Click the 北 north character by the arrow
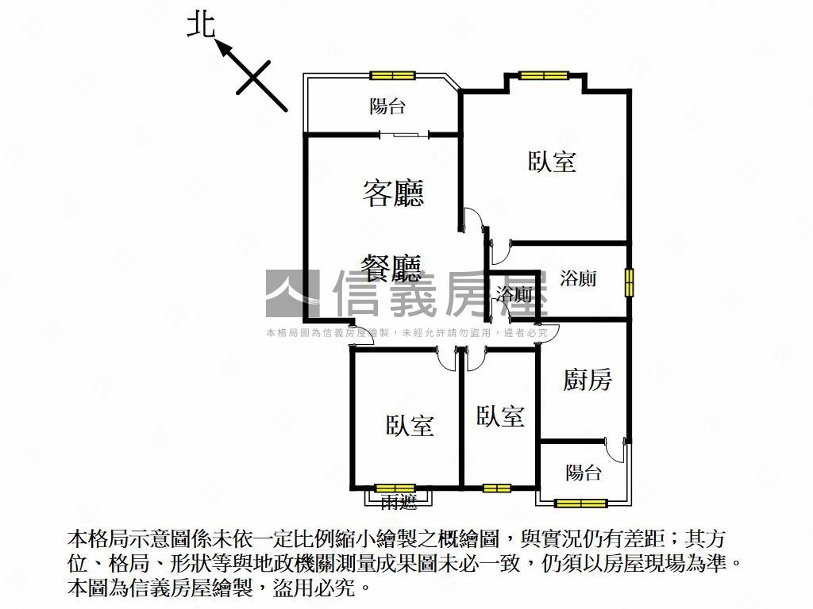tap(201, 25)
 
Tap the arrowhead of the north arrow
tap(223, 48)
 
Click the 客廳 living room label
tap(393, 193)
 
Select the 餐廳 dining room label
tap(391, 267)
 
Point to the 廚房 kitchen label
tap(587, 380)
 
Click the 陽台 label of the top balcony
tap(387, 106)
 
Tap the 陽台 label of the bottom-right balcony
tap(584, 473)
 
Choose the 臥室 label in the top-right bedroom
tap(552, 161)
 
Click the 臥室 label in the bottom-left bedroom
tap(410, 425)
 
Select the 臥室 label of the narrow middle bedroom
tap(500, 416)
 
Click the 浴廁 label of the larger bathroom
tap(578, 278)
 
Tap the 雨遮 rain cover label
tap(399, 501)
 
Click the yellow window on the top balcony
tap(392, 75)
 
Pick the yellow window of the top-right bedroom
tap(544, 75)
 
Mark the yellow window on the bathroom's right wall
tap(629, 282)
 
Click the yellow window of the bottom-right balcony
tap(580, 503)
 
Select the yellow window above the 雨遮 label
tap(395, 488)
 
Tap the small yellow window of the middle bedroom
tap(497, 488)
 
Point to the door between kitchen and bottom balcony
tap(615, 450)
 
